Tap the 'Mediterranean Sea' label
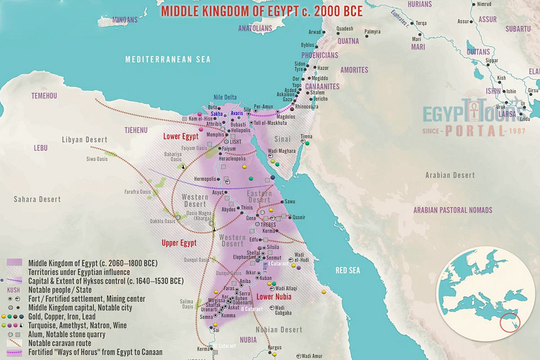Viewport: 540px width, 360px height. pos(167,59)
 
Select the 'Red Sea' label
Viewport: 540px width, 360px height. pos(348,270)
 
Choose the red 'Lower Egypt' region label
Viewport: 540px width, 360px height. pos(180,136)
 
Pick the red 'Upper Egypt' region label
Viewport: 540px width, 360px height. pos(179,243)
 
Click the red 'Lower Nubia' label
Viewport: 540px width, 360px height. pos(274,297)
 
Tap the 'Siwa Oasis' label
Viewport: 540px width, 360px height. pos(97,159)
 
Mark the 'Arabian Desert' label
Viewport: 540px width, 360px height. pos(450,175)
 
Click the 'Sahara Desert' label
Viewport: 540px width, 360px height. pos(37,199)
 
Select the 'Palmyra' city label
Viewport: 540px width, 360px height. pos(372,32)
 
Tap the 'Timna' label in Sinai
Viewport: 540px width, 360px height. pos(306,136)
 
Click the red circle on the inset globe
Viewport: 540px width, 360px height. pos(510,323)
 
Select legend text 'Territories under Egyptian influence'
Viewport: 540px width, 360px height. pos(79,272)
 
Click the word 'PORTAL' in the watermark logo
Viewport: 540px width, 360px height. pos(475,130)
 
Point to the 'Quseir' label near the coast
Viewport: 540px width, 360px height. pos(299,217)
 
